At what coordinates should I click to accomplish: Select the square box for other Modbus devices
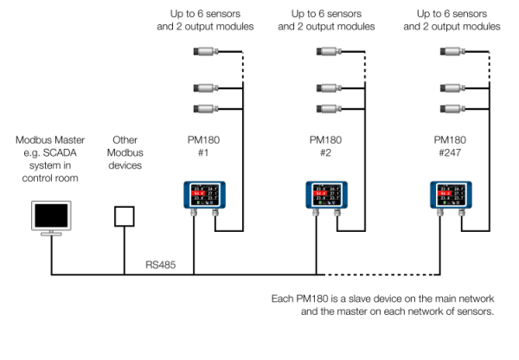[125, 215]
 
